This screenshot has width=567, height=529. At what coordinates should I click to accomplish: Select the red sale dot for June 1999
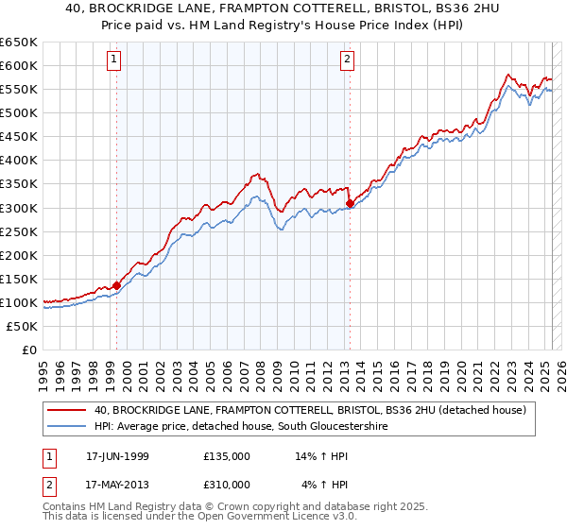pos(116,285)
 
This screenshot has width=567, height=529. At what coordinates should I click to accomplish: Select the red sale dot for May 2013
pos(350,202)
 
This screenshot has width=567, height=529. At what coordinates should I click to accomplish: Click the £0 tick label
pos(30,350)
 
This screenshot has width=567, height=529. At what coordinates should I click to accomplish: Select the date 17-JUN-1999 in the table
pos(116,456)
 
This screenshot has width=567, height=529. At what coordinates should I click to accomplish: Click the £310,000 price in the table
pos(226,485)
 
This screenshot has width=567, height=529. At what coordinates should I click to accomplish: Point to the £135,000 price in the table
pos(226,456)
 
